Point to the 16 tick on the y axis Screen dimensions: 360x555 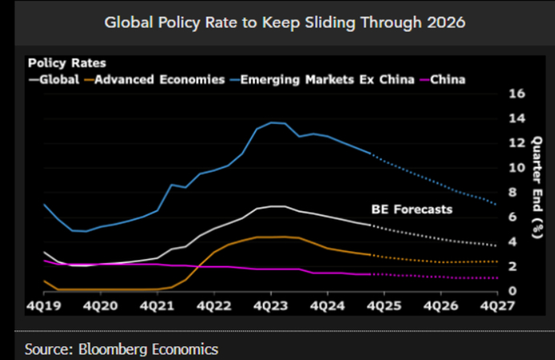[x=517, y=93]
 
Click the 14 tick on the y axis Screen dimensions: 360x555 [x=517, y=118]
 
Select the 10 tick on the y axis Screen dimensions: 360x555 [x=517, y=168]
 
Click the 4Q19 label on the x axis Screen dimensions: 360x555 [x=43, y=306]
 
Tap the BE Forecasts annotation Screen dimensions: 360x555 [x=411, y=209]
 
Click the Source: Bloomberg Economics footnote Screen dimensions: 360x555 [x=121, y=349]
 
